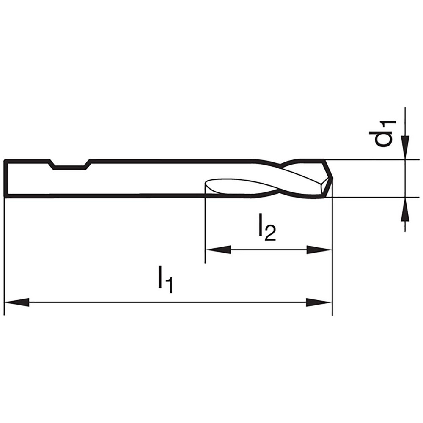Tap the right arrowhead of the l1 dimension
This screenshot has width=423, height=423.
coord(319,302)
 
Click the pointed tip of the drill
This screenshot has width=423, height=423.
coord(331,179)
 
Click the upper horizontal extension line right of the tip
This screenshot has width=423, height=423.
coord(372,159)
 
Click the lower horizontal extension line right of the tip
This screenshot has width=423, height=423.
coord(372,197)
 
